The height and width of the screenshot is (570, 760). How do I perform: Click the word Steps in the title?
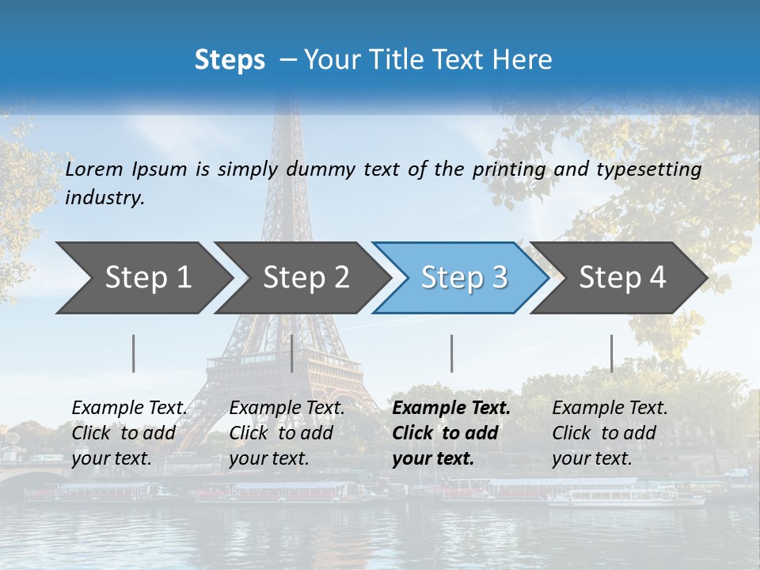click(230, 60)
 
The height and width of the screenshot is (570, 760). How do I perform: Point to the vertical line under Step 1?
click(134, 353)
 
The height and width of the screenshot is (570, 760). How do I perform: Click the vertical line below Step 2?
click(292, 353)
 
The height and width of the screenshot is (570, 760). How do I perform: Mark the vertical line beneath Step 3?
click(452, 353)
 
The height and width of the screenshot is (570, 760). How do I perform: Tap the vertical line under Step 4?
click(612, 353)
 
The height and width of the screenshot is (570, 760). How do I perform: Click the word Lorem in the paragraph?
click(94, 169)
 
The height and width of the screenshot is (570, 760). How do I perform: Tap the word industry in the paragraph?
click(104, 197)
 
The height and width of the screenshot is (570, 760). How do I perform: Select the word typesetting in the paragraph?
click(648, 169)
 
